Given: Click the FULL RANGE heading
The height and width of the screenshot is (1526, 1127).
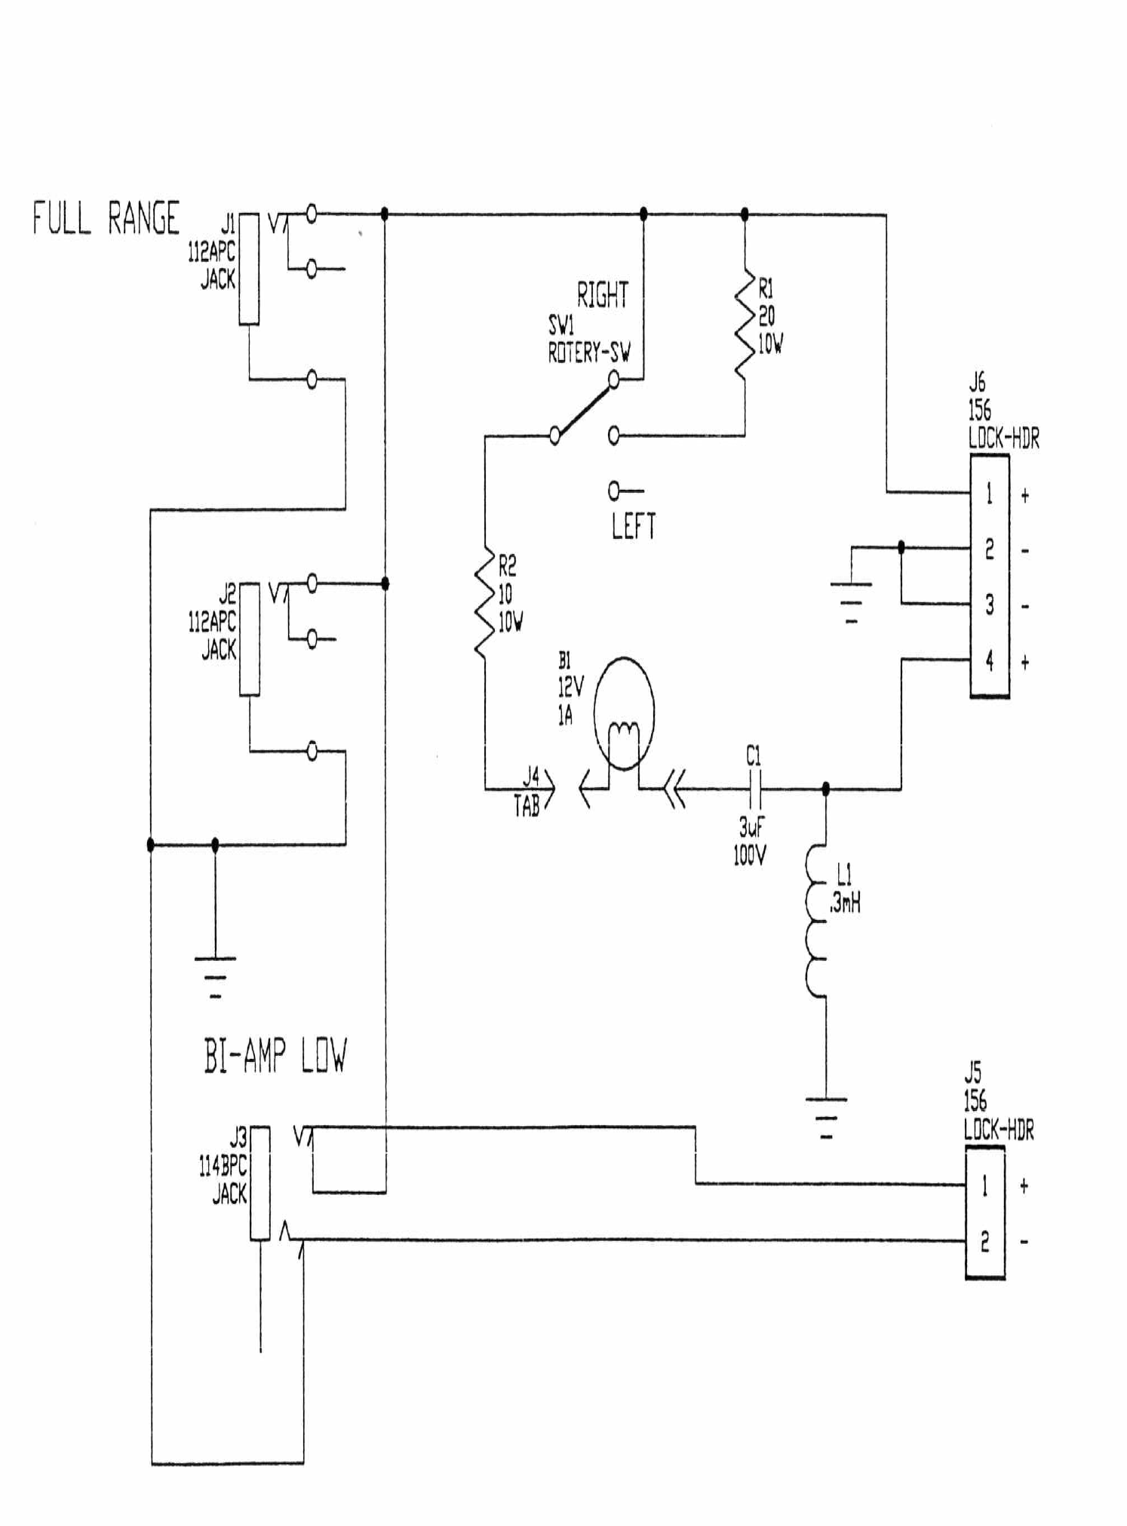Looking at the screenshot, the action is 106,219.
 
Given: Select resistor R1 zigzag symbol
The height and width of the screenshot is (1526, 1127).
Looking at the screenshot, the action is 745,327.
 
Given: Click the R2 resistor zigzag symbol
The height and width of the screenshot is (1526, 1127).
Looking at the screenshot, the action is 484,601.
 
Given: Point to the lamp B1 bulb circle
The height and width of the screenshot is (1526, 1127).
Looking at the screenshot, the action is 624,713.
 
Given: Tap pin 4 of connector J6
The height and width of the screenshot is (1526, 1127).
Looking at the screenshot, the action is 989,661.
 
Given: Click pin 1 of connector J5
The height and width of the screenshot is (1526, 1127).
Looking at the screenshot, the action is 984,1186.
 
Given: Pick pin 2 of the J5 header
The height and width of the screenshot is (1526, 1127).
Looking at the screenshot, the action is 984,1241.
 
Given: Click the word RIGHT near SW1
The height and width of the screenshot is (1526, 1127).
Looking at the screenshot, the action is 602,295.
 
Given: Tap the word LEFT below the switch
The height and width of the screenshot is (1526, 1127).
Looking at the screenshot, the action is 633,525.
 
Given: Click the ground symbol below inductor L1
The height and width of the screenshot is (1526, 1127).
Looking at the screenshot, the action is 826,1117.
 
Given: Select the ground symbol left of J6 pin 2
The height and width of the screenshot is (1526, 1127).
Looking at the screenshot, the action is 851,602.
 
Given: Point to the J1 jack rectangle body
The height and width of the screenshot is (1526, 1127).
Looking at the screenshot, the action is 249,269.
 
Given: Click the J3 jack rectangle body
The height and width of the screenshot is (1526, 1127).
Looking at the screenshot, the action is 260,1183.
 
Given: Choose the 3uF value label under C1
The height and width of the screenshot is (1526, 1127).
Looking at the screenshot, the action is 751,828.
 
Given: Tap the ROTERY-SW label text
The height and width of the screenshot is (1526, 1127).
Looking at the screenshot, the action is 588,353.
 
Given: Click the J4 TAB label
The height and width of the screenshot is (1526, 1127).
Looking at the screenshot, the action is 528,792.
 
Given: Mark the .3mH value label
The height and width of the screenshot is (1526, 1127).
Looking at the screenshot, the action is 845,903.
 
